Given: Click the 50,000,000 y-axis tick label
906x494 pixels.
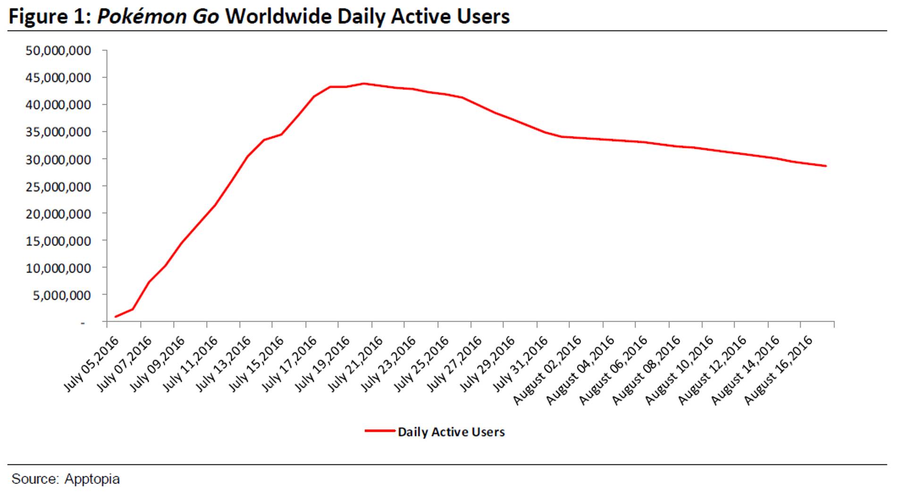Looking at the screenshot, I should click(59, 51).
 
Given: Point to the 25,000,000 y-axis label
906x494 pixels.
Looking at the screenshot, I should click(59, 187).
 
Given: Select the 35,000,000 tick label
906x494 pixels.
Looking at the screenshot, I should click(59, 132).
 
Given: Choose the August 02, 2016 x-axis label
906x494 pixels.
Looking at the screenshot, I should click(547, 370).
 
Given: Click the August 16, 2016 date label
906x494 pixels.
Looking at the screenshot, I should click(779, 370).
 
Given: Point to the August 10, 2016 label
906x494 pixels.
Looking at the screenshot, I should click(679, 370).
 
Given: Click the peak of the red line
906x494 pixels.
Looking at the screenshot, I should click(363, 84).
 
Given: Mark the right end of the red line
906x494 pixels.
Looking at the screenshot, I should click(826, 166).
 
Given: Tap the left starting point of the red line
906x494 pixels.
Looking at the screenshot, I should click(115, 316).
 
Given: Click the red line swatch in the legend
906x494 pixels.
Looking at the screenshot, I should click(379, 431).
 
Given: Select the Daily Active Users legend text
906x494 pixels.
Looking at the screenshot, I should click(451, 432).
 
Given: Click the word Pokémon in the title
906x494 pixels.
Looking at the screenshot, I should click(135, 17).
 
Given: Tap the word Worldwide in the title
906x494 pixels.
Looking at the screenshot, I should click(278, 17).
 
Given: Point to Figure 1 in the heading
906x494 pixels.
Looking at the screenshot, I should click(50, 17).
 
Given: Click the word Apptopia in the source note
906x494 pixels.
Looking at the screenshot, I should click(92, 479).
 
